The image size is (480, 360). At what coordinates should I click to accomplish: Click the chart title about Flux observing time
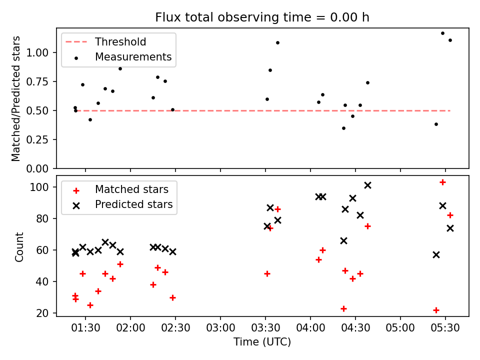pos(262,17)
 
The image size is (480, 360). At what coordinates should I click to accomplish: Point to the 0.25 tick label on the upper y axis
pos(37,139)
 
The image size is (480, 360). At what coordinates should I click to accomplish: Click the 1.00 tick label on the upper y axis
pos(37,52)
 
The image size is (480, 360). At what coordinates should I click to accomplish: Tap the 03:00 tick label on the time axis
pos(220,328)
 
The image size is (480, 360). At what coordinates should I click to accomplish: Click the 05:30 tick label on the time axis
pos(445,328)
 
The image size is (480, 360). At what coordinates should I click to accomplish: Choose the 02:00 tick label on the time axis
pos(130,328)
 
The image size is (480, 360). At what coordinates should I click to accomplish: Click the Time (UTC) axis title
pos(262,341)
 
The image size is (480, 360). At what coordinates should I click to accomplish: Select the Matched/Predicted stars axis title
pos(15,98)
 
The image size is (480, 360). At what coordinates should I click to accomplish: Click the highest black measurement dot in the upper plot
pos(442,33)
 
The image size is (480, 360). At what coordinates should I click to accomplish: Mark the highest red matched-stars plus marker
pos(442,182)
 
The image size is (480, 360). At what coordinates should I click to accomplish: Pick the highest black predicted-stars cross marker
pos(367,185)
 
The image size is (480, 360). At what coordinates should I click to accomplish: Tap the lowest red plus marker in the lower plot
pos(436,310)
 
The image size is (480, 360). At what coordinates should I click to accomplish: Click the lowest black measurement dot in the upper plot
pos(344,128)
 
